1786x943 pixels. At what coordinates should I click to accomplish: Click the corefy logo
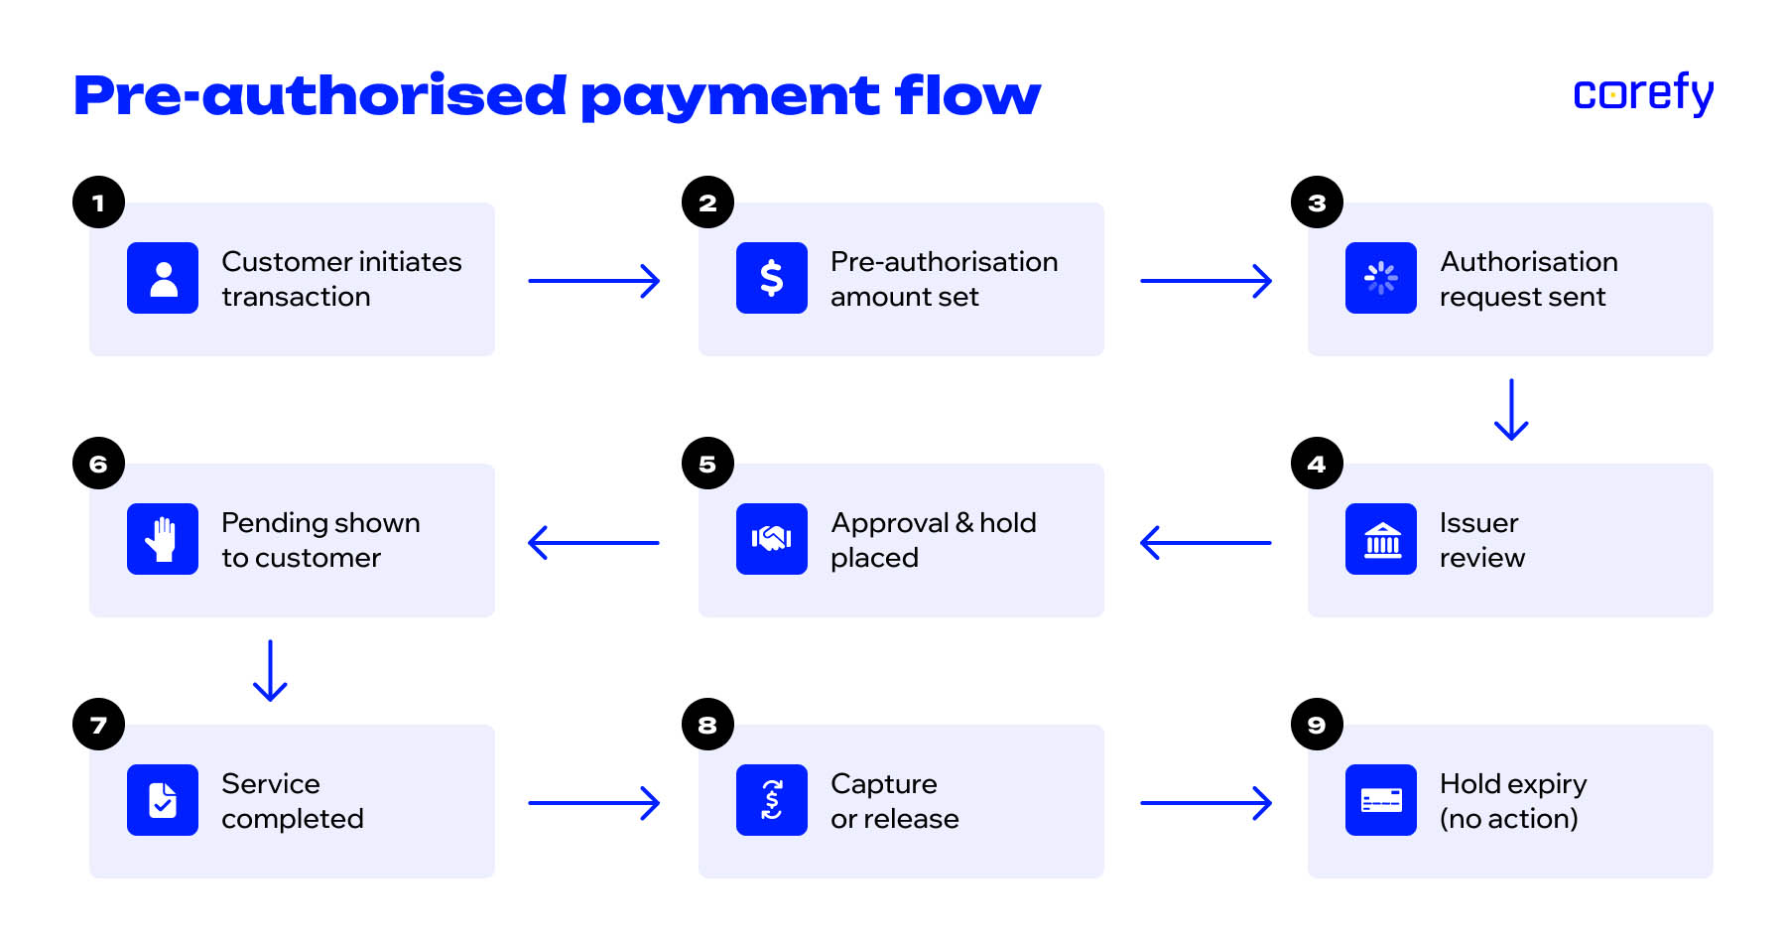point(1642,93)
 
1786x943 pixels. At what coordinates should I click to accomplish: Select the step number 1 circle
point(98,202)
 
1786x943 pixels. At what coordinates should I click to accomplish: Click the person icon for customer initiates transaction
point(163,278)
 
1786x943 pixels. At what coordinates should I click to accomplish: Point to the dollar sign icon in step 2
point(771,278)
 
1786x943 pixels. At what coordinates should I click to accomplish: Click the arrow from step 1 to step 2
point(593,281)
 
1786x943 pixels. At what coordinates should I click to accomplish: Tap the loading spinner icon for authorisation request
point(1380,278)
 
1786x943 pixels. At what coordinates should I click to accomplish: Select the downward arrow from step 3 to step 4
point(1511,409)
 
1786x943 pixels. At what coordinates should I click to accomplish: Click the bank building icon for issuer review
point(1380,539)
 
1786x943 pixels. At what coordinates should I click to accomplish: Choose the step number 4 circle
point(1317,464)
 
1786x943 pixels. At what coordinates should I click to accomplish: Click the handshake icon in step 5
point(771,539)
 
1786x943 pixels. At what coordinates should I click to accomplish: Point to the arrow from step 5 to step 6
point(593,542)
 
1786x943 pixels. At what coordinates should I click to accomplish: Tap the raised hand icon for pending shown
point(163,539)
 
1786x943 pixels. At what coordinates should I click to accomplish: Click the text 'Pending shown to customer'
point(319,540)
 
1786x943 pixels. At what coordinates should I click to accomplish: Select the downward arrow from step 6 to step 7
point(270,670)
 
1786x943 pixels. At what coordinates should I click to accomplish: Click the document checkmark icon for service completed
point(163,800)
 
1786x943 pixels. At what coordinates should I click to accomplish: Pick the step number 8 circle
point(707,725)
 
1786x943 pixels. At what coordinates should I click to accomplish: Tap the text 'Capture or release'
point(894,801)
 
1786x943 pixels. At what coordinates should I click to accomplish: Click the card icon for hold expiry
point(1380,800)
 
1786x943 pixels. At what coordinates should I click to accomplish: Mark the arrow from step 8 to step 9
point(1206,803)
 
